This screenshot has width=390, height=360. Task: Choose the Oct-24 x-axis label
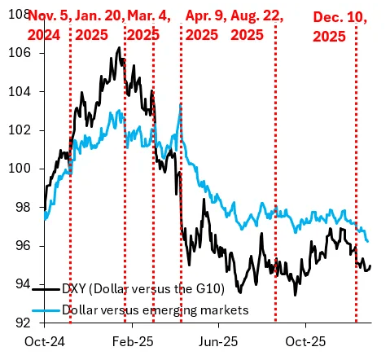coord(46,344)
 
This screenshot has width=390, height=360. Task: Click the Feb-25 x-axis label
coord(131,344)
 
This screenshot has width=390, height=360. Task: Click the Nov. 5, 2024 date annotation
coord(48,24)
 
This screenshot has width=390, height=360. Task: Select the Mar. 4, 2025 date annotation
coord(144,24)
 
